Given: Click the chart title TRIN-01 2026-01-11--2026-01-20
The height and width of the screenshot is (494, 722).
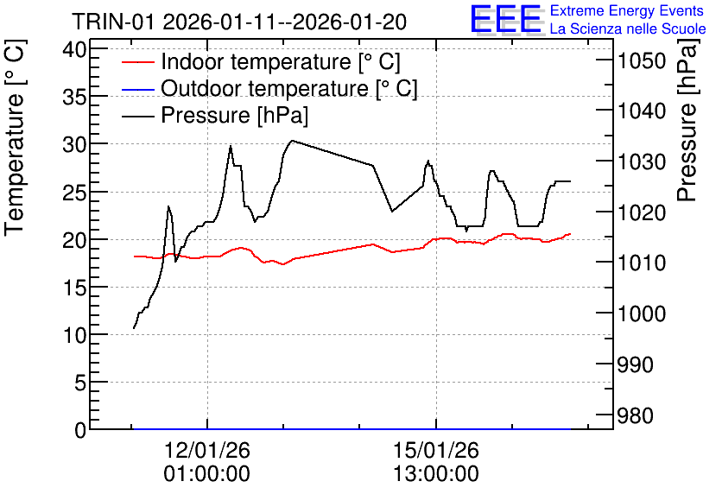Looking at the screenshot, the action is point(239,22).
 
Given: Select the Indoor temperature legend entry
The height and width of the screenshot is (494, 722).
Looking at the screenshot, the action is point(261,61).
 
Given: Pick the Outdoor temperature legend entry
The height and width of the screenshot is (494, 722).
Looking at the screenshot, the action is point(269,88).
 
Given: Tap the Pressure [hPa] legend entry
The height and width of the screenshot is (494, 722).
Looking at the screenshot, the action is point(215,115).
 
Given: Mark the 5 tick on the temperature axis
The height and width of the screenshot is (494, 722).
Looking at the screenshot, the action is point(80,382).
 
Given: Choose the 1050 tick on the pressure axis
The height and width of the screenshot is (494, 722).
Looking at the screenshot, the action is point(642,60).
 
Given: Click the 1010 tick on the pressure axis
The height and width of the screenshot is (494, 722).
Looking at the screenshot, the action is point(642,263).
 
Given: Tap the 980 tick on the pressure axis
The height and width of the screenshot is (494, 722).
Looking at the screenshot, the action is point(635,415).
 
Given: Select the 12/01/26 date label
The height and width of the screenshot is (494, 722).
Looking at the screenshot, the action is point(206,450).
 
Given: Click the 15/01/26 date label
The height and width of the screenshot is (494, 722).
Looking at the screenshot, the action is point(435,450).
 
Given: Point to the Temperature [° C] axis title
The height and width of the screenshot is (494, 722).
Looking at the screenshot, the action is point(15,137).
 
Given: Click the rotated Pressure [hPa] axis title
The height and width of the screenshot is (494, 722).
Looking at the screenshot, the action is point(687,120).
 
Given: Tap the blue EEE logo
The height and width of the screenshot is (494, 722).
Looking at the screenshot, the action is point(506,19).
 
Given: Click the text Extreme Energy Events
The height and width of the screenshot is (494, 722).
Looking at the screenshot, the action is point(627,10).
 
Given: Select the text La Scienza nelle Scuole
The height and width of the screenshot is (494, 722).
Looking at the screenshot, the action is point(628,28).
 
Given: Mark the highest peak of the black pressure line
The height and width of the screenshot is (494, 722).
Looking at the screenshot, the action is point(291,141).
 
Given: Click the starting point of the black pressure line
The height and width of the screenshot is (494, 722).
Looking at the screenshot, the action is point(134,328).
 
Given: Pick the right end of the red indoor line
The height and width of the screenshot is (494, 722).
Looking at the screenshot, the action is point(570,234).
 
